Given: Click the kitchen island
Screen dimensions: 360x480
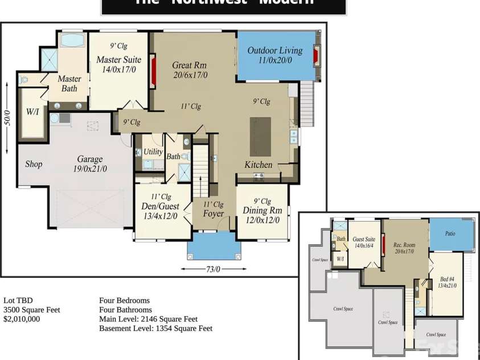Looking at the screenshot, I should tap(261, 136).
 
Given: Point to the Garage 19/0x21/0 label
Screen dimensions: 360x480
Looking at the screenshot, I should tap(90, 164).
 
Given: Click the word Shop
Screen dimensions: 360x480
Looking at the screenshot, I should tap(34, 164).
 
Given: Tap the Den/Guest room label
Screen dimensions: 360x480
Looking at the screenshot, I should tap(160, 211).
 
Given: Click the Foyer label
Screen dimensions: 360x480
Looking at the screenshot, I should tap(214, 214).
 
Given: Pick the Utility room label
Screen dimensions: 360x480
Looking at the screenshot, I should tap(153, 152).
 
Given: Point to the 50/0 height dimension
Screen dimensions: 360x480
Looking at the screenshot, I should tap(7, 117).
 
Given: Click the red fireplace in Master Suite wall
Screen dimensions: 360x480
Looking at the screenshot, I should tap(153, 71).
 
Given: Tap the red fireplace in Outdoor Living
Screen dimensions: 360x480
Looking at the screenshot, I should tap(317, 56).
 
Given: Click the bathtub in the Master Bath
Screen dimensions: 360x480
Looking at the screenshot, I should tap(72, 40).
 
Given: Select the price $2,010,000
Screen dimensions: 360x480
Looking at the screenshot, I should tap(22, 319).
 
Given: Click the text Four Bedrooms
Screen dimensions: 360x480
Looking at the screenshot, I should tap(124, 300).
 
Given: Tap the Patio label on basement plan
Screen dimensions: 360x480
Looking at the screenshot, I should tap(450, 234).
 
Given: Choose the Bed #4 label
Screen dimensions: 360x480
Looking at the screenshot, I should tap(447, 282).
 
